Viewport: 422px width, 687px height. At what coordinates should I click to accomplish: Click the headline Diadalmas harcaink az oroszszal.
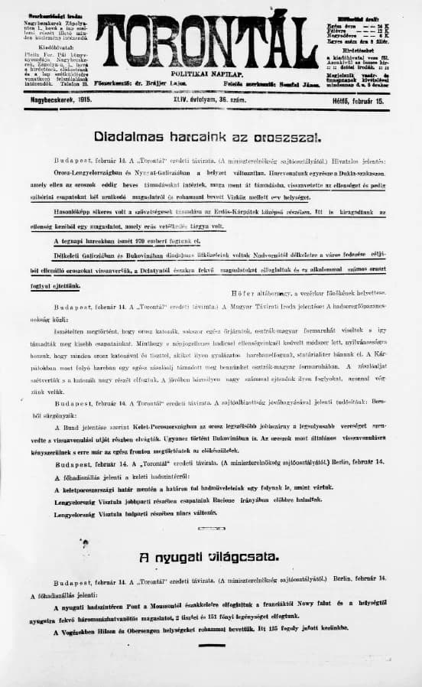[x=207, y=138]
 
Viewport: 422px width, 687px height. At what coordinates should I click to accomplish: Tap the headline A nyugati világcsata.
[x=209, y=556]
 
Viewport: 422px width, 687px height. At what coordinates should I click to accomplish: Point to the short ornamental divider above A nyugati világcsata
[x=211, y=528]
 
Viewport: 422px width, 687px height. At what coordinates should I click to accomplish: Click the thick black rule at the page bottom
[x=211, y=645]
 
